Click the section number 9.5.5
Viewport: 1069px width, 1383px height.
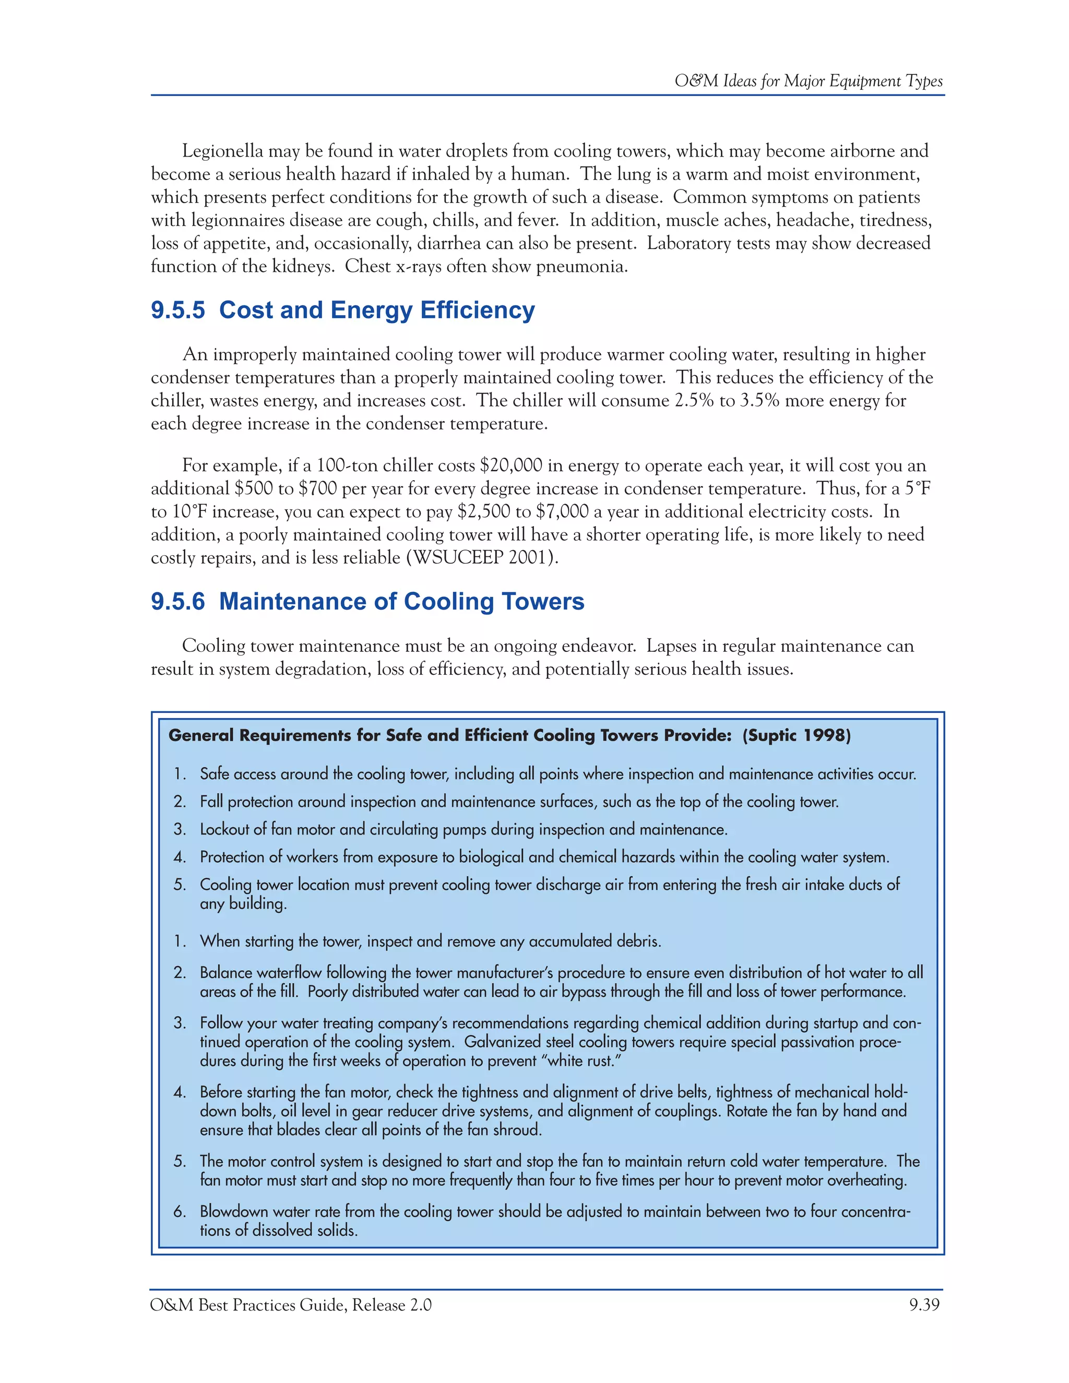pyautogui.click(x=178, y=311)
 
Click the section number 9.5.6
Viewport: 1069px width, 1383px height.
pyautogui.click(x=178, y=602)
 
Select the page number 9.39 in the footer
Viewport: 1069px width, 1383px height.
pyautogui.click(x=924, y=1305)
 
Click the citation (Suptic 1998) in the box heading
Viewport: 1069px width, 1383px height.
pyautogui.click(x=797, y=735)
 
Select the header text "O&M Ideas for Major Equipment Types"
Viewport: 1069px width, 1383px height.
pyautogui.click(x=808, y=81)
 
